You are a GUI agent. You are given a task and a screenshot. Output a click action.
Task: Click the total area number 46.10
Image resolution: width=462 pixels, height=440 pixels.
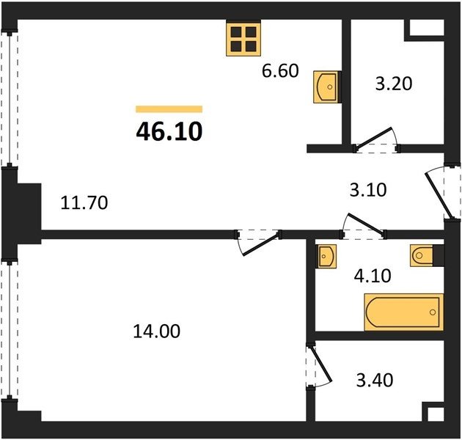point(169,131)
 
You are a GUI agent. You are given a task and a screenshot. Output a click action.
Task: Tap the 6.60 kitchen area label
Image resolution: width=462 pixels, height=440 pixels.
point(280,70)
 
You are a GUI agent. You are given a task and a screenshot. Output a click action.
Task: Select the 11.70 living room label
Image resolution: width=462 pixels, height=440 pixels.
point(84,202)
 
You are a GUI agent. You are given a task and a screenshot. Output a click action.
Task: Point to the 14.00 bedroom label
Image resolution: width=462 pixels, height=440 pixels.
point(157,331)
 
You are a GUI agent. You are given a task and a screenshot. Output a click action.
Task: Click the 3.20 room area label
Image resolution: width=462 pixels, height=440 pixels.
point(394,84)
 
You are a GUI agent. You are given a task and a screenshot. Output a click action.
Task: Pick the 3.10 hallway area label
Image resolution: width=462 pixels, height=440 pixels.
point(368,190)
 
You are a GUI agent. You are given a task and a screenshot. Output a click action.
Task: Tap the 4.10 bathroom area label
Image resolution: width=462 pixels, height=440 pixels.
point(373,276)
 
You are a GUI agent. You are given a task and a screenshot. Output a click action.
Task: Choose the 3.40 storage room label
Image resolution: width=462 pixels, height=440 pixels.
point(375,380)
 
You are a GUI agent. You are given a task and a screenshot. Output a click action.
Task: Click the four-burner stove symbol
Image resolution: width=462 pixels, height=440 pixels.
point(243,39)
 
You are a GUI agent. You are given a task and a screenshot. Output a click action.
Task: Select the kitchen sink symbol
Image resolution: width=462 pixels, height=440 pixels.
point(326,87)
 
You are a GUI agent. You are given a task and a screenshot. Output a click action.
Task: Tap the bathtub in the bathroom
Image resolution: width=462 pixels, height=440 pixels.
point(403,312)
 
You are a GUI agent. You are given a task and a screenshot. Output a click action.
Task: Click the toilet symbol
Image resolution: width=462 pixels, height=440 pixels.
point(422,255)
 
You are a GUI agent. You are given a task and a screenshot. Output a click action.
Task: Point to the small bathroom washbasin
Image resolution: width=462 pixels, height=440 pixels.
point(326,256)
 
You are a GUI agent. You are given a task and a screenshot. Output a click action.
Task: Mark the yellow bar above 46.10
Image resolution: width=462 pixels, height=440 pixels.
point(169,109)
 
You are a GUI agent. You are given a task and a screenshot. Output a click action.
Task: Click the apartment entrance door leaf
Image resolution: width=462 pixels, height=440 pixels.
point(438,195)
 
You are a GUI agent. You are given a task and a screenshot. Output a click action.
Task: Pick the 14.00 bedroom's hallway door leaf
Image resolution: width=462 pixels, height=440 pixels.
point(260,245)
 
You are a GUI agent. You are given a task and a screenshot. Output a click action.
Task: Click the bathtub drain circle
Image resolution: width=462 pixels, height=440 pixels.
point(433,312)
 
